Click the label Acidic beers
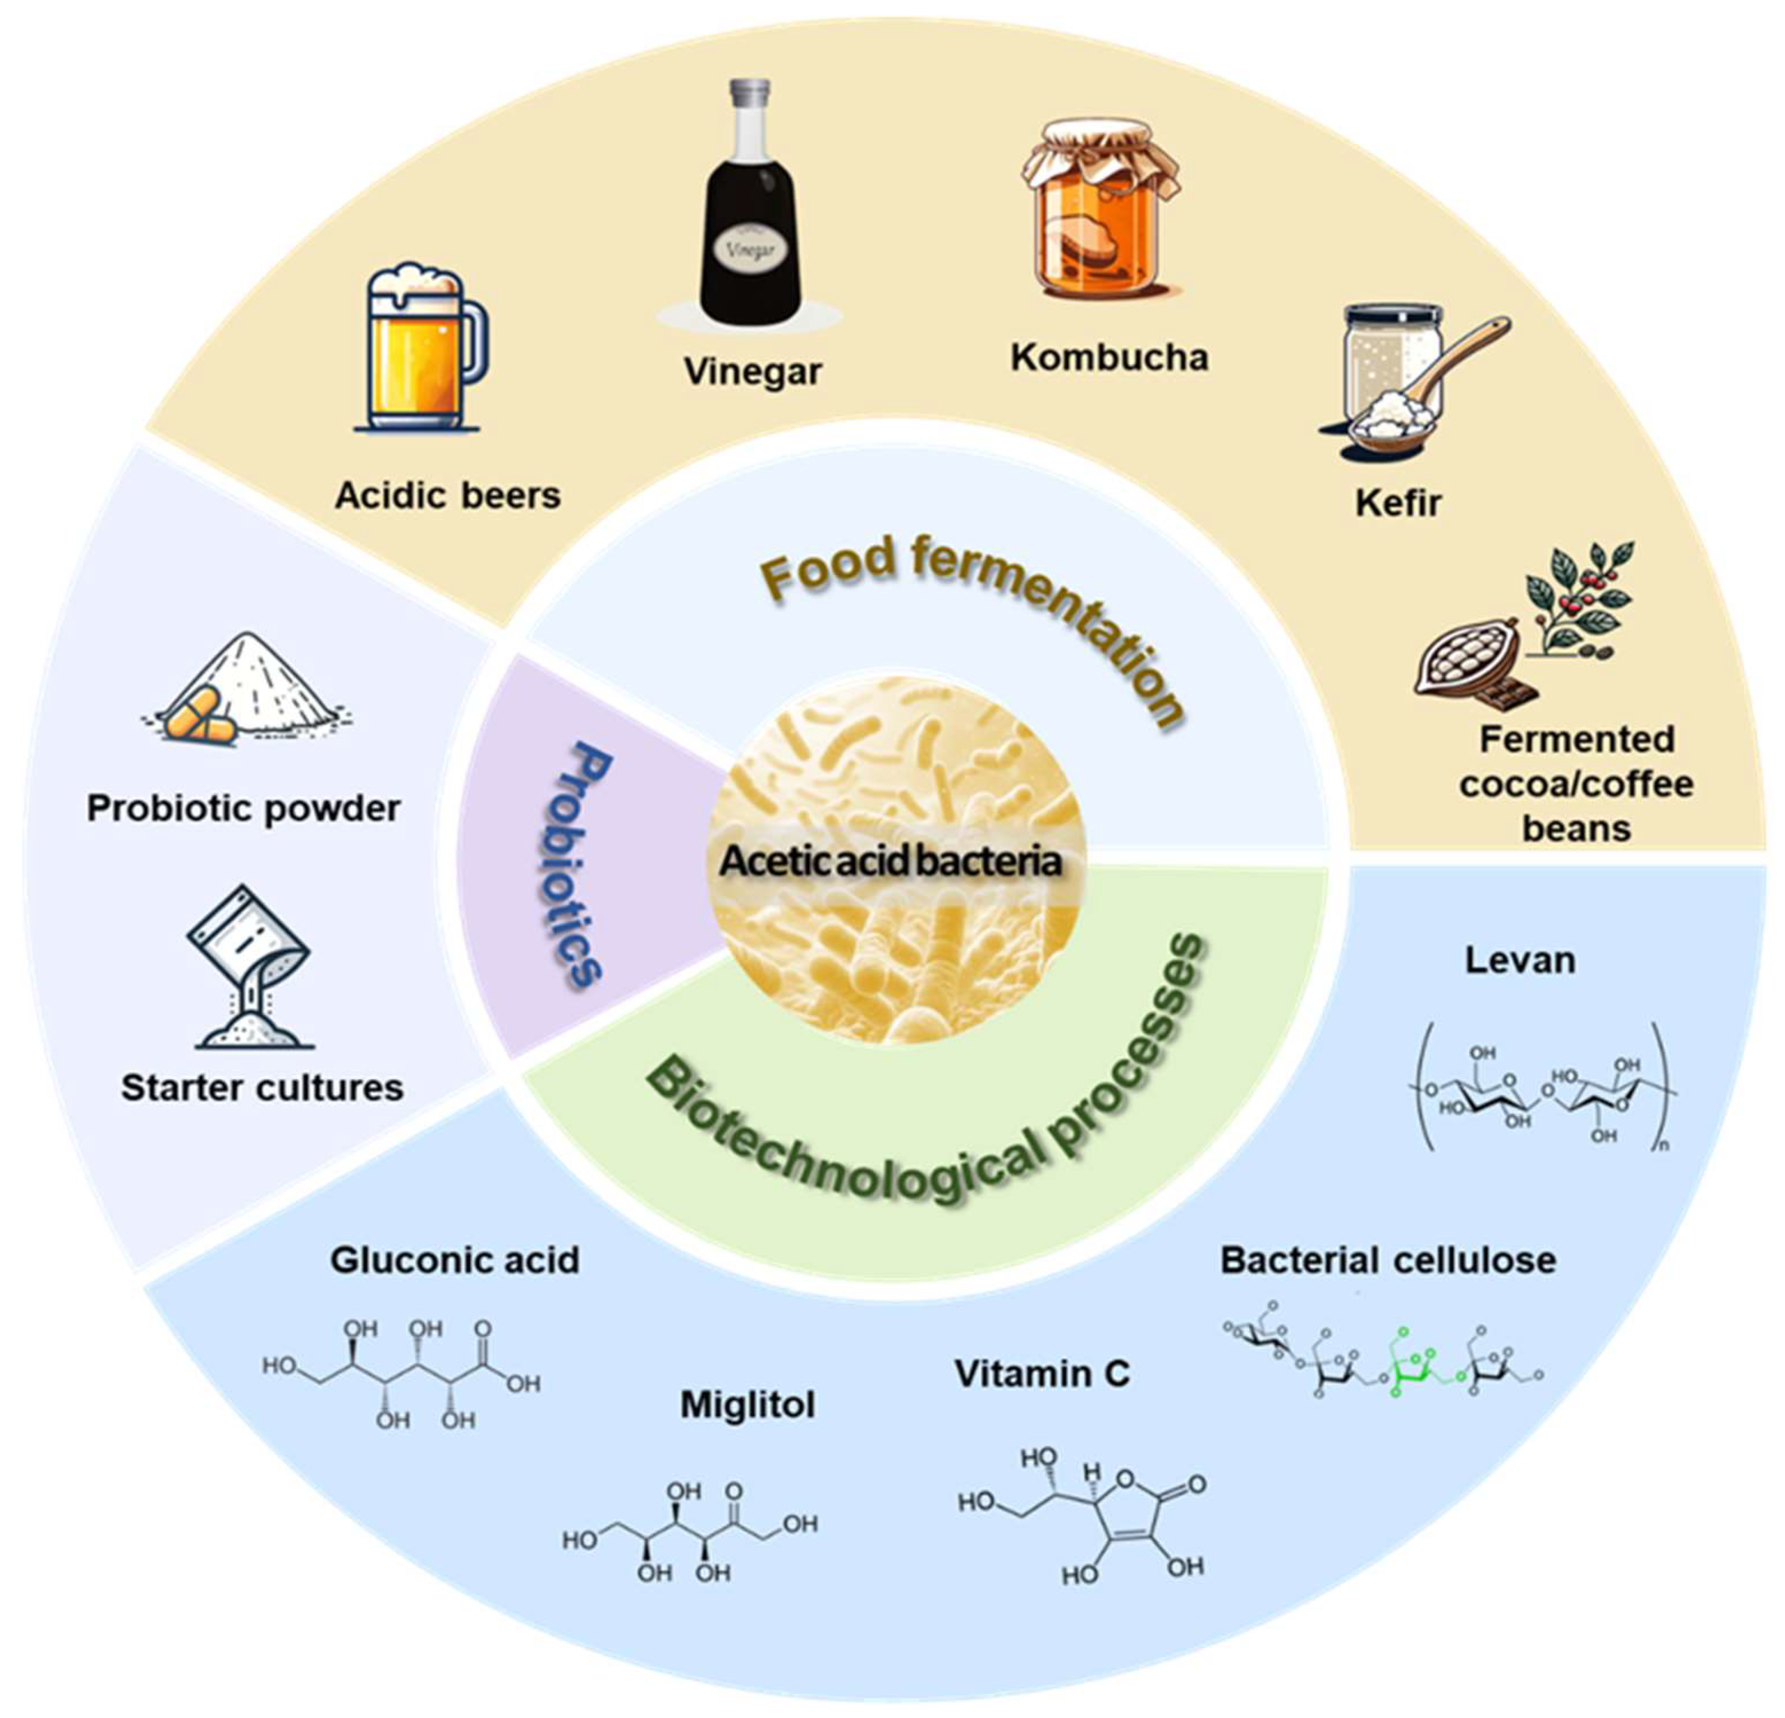(447, 496)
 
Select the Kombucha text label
(1109, 357)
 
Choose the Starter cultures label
(262, 1088)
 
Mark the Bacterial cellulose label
(1388, 1261)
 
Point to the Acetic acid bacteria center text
(891, 862)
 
